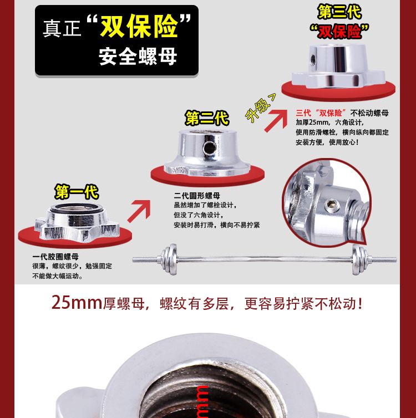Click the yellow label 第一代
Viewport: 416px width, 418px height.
(77, 192)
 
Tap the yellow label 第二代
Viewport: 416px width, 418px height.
(207, 118)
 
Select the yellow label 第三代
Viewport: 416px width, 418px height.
(339, 12)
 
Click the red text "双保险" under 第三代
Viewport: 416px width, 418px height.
(339, 32)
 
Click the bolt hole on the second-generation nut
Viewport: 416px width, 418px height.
(209, 147)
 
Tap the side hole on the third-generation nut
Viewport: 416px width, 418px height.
(313, 60)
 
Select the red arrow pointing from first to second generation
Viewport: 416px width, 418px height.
(139, 211)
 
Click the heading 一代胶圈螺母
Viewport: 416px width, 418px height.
(55, 257)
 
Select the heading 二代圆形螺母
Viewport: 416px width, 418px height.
(197, 196)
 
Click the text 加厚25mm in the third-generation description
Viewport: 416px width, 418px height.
(312, 123)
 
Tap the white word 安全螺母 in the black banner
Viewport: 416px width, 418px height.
(138, 56)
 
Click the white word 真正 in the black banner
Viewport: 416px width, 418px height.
(62, 28)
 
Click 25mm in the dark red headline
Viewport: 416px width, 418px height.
(77, 303)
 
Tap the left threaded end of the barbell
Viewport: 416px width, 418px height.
(146, 259)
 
